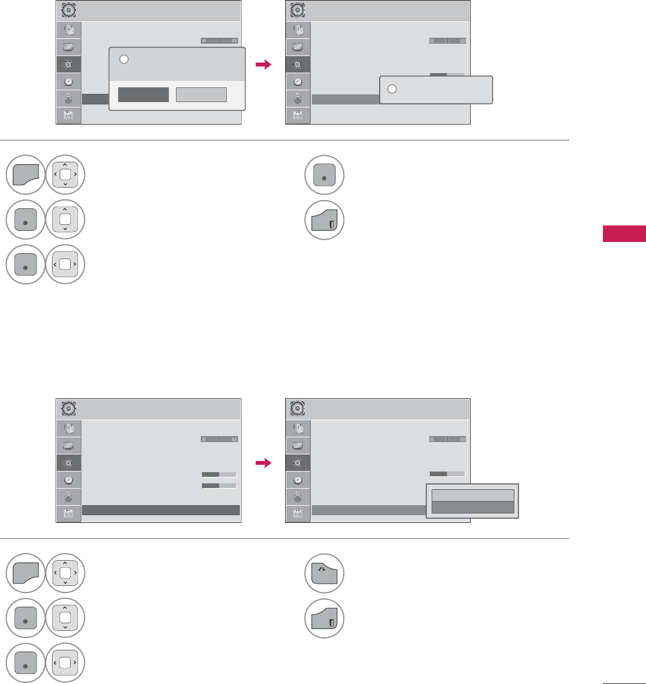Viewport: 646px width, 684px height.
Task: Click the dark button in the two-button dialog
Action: (143, 94)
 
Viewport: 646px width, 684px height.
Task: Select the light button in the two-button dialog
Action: (201, 94)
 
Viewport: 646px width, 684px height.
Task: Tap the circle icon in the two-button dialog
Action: (123, 59)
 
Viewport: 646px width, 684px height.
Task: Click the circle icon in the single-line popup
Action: (391, 89)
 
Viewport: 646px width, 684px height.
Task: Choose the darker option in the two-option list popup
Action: (472, 508)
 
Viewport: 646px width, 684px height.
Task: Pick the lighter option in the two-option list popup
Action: (472, 496)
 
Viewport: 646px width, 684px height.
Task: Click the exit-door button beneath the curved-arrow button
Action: (325, 619)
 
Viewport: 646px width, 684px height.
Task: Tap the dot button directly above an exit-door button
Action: (325, 175)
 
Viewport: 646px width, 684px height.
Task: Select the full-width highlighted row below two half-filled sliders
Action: (161, 510)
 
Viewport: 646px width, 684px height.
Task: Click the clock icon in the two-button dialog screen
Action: (68, 81)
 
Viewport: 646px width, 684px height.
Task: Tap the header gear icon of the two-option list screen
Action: (298, 408)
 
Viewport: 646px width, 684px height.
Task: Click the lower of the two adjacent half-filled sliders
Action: (219, 486)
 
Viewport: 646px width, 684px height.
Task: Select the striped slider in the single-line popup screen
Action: (447, 41)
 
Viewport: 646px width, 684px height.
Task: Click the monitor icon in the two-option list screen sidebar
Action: (298, 445)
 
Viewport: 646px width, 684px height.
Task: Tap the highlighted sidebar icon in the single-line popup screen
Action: (298, 64)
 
